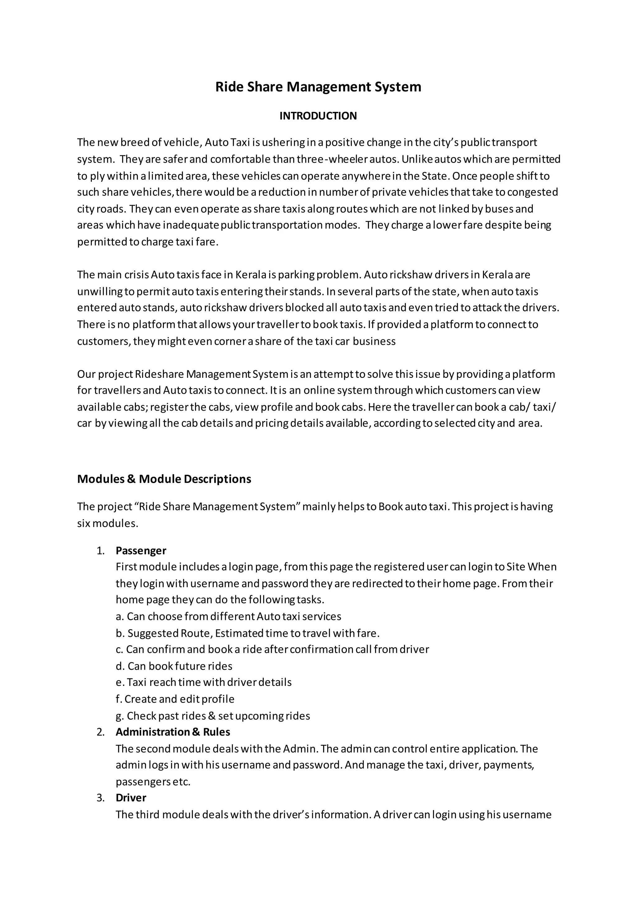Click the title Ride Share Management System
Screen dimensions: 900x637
[x=318, y=87]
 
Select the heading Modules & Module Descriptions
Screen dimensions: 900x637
[x=164, y=479]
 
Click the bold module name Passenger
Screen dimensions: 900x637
[x=141, y=551]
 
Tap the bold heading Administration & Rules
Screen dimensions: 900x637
[x=173, y=732]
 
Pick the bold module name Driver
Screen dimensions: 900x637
[x=131, y=798]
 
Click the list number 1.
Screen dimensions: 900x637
[x=100, y=551]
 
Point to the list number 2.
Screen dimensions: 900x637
[x=100, y=732]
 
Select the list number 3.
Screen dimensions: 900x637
[x=100, y=798]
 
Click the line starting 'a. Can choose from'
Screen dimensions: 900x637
[x=228, y=616]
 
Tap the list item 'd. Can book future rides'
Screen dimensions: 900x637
[x=174, y=666]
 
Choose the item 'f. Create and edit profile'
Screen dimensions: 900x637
[x=175, y=699]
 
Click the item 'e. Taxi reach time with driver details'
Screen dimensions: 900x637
[x=204, y=682]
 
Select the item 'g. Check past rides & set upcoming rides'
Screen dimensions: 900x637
[x=213, y=716]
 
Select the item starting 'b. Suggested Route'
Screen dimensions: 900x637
[x=248, y=633]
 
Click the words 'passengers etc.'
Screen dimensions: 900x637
[x=153, y=782]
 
